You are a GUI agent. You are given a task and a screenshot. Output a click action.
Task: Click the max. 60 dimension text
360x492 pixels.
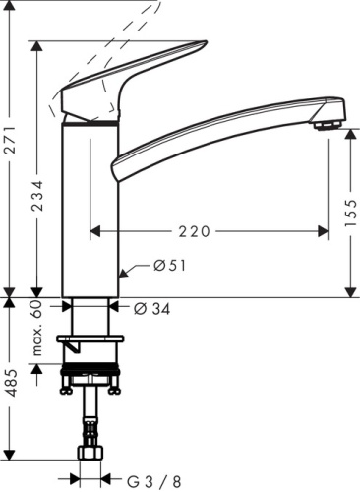[38, 328]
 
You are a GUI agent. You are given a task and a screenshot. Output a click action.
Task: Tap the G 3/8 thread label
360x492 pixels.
[158, 481]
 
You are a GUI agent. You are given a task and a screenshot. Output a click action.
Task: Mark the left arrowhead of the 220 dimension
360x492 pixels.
[94, 231]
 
